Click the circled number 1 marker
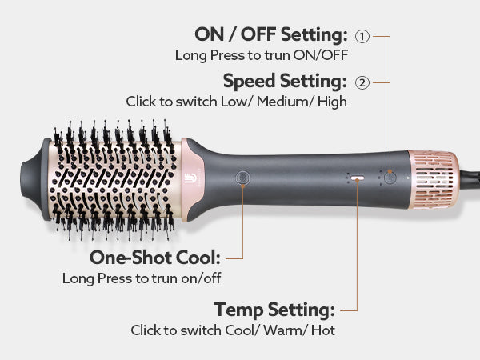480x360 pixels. click(362, 37)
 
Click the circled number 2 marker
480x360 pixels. click(362, 82)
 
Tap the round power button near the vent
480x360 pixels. click(390, 178)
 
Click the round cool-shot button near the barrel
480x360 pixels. click(242, 178)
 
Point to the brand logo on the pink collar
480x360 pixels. click(188, 178)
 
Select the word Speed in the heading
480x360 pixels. click(249, 82)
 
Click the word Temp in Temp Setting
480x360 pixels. click(238, 310)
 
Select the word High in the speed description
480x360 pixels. click(332, 102)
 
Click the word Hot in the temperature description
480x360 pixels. click(323, 330)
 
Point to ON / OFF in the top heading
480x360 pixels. click(235, 34)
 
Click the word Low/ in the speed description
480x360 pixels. click(236, 102)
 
